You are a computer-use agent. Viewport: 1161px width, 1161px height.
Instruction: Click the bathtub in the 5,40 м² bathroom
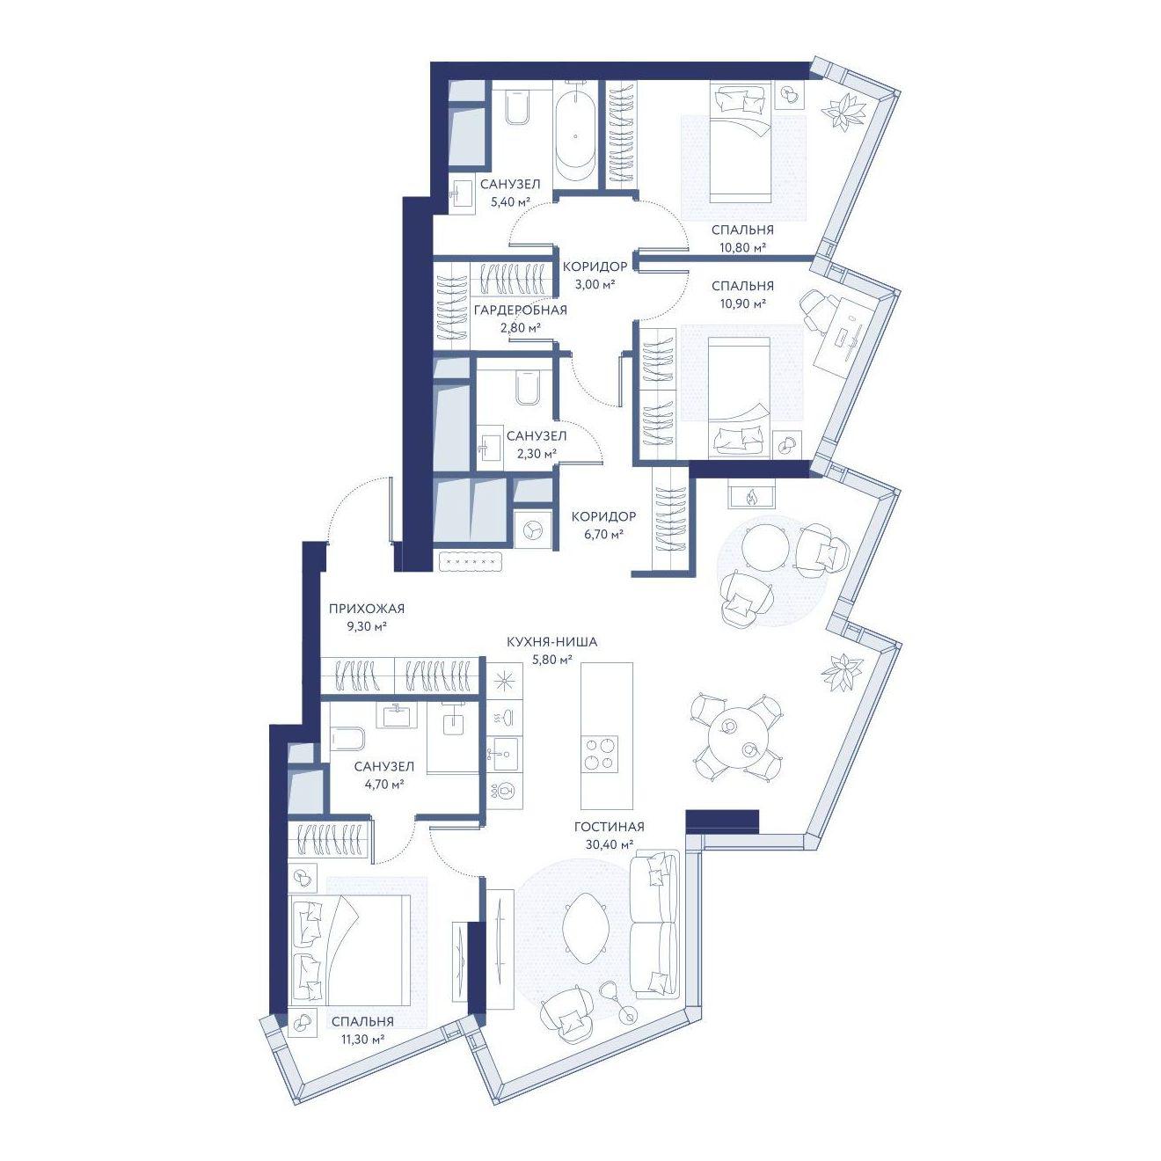point(576,131)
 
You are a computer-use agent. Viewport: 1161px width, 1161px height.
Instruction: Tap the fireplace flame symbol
point(751,498)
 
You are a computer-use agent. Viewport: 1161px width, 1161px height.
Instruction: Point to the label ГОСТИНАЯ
point(610,828)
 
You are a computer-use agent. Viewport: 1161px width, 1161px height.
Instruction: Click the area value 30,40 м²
point(610,844)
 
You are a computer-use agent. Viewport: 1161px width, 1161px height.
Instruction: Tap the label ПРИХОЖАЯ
point(366,609)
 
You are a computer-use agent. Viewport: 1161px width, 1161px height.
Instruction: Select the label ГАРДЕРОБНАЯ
point(520,310)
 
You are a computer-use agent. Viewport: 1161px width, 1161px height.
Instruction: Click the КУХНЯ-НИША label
point(551,642)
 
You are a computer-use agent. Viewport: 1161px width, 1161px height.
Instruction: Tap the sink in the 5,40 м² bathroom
point(462,194)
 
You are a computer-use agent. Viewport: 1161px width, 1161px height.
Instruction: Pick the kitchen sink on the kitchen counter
point(505,753)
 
